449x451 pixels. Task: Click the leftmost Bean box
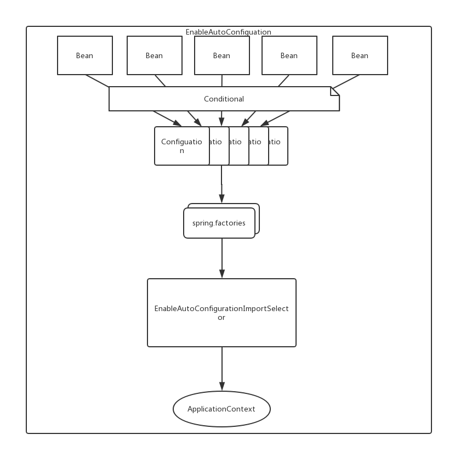pos(85,55)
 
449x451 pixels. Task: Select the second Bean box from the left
pos(155,55)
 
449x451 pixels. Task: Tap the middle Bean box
pos(222,55)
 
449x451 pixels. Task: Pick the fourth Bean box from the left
pos(289,55)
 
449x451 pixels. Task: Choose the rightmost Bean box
pos(360,55)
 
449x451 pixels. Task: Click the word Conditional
pos(224,99)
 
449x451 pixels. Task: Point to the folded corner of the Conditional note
pos(335,91)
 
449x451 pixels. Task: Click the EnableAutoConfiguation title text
pos(228,32)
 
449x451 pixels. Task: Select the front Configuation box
pos(181,146)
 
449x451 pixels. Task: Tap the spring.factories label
pos(219,223)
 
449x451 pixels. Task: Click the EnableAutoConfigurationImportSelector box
pos(221,313)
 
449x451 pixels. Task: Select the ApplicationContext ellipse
pos(221,409)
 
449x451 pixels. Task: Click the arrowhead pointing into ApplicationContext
pos(222,387)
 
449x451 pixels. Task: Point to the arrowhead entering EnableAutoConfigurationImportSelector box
pos(222,274)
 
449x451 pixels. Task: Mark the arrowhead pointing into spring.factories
pos(221,199)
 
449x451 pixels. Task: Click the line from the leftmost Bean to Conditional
pos(98,81)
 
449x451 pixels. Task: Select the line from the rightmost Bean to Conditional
pos(345,81)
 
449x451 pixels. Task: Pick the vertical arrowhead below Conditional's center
pos(221,122)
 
